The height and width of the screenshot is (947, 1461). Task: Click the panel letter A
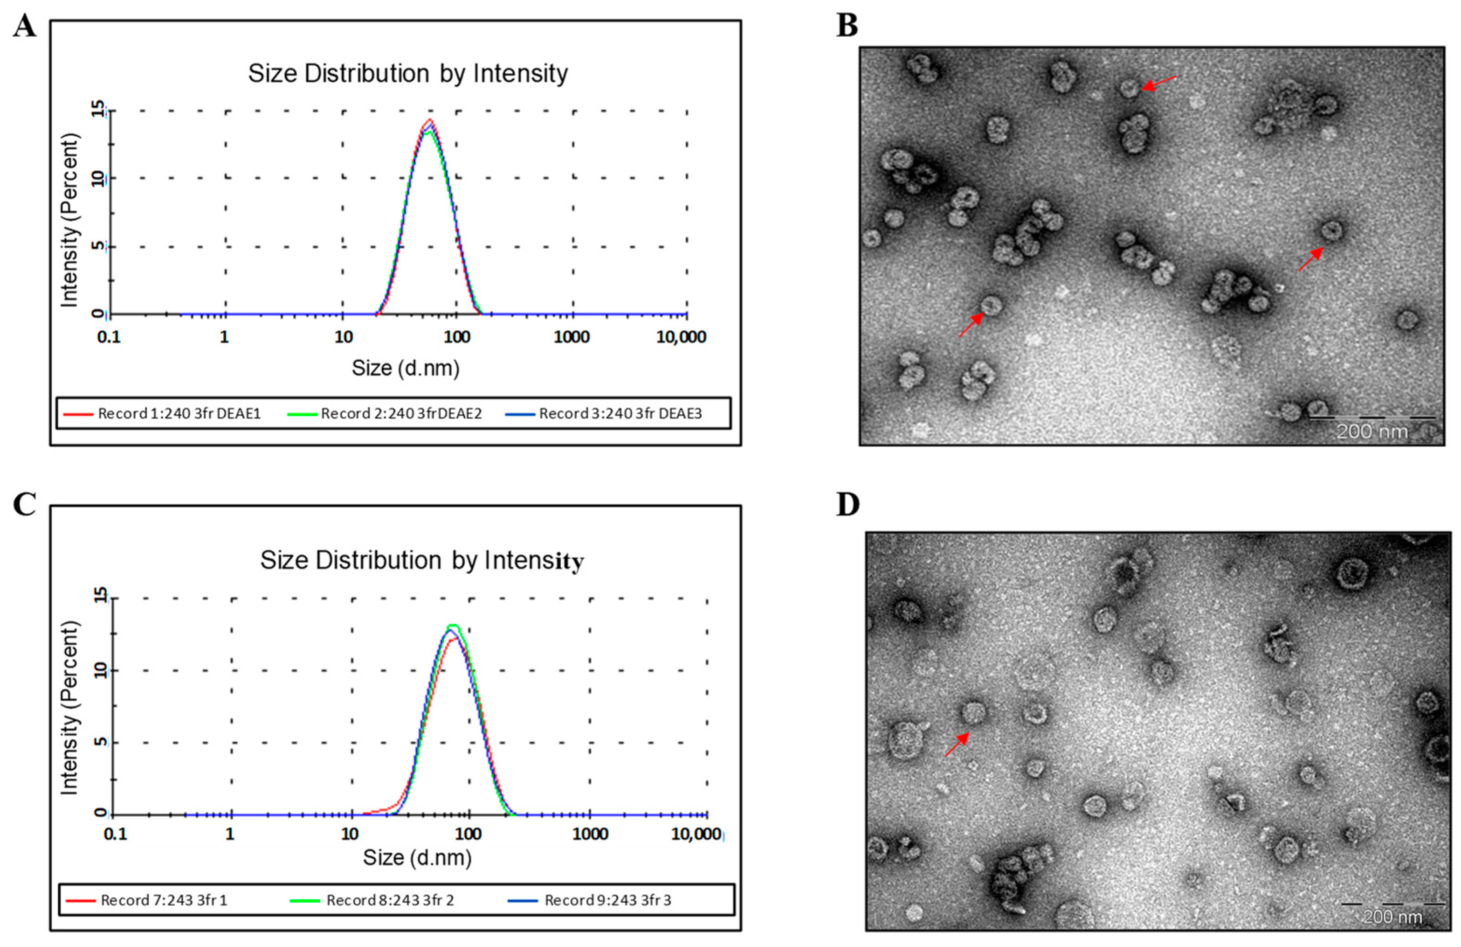25,27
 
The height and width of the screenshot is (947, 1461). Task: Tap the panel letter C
25,504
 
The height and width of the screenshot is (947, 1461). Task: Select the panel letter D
848,504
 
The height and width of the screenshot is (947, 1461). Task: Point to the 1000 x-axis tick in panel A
572,337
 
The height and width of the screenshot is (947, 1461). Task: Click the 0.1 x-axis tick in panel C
116,834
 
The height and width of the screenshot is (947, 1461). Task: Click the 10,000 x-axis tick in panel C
696,834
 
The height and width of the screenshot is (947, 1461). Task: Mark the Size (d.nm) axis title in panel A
405,369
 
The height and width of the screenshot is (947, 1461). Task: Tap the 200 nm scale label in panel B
1372,432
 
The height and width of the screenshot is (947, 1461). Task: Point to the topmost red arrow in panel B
1159,83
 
